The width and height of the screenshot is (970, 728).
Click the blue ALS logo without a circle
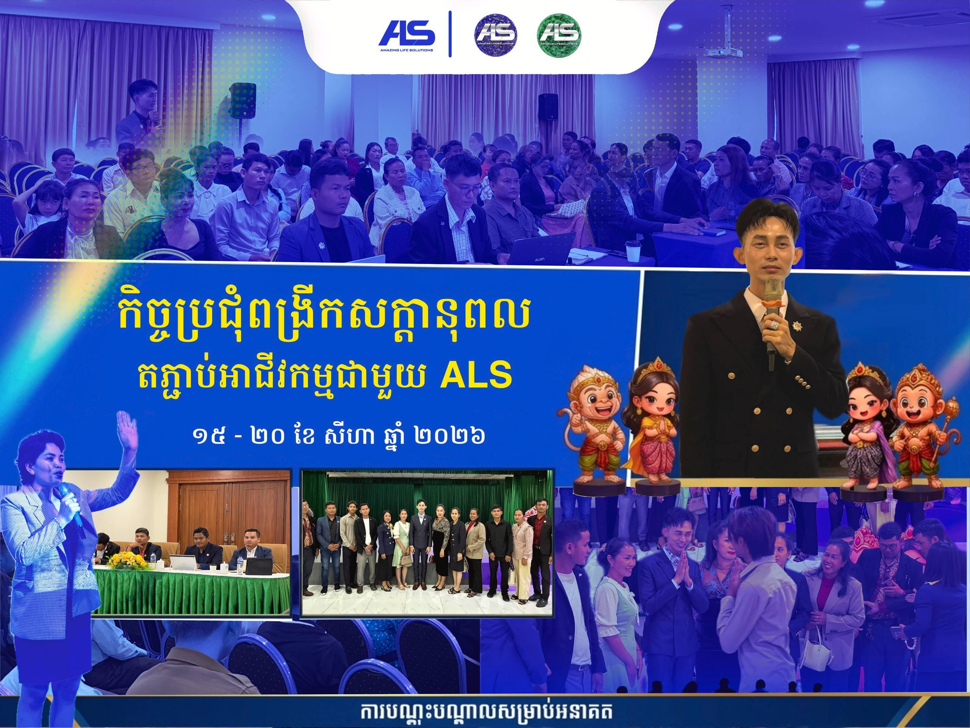click(407, 34)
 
